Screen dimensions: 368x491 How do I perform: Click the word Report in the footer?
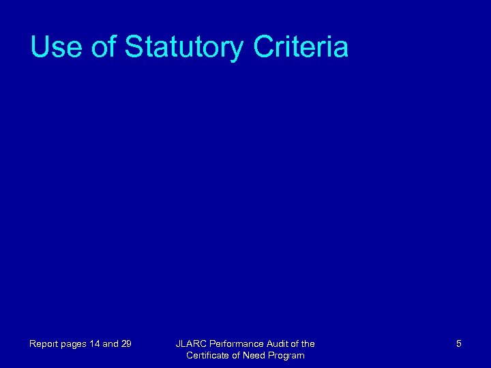pos(43,344)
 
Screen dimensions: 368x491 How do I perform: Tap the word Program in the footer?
pos(286,356)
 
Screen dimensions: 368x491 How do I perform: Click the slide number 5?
pos(459,344)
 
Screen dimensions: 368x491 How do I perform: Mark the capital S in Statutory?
pos(134,47)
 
